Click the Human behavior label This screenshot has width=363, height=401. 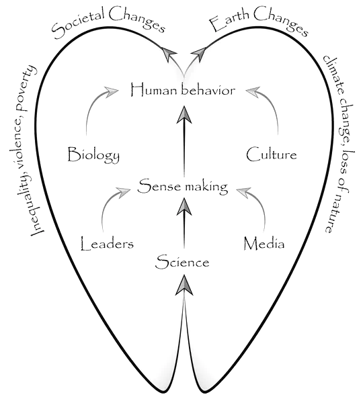pos(184,89)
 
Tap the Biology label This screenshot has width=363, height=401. pos(94,156)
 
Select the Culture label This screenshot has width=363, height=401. pos(271,155)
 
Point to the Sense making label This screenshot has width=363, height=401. pos(183,187)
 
